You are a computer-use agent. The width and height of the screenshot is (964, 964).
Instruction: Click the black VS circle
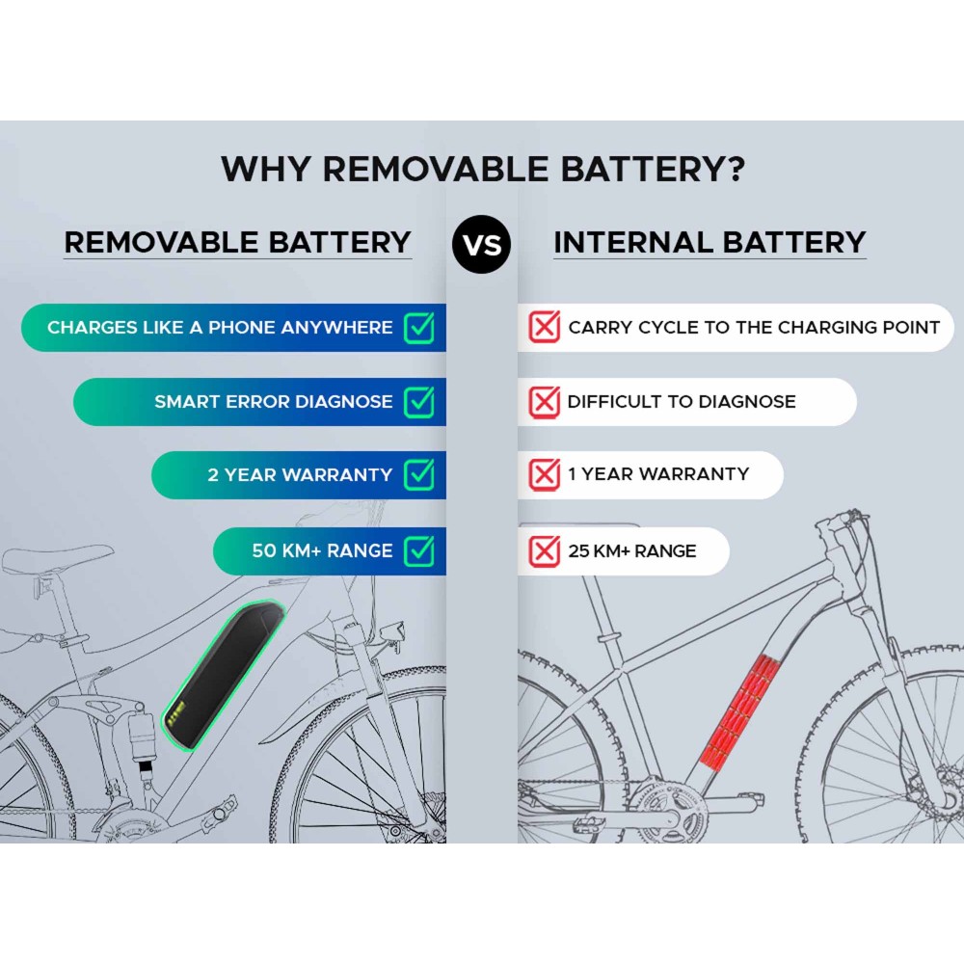(481, 244)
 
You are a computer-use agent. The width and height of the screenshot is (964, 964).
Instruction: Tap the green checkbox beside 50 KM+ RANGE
(420, 549)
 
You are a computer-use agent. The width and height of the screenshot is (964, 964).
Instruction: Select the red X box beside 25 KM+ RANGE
(544, 550)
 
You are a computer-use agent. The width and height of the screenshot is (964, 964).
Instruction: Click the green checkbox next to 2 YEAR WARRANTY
(420, 474)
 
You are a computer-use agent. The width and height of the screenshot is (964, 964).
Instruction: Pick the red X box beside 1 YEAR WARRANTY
(544, 474)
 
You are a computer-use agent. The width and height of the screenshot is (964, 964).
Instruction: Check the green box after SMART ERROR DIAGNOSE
(420, 401)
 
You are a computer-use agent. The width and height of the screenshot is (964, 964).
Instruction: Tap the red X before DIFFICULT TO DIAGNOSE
(544, 402)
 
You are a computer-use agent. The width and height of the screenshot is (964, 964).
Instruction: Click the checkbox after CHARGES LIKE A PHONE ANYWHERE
(420, 327)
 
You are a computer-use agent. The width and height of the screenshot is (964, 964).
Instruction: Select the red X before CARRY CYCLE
(544, 327)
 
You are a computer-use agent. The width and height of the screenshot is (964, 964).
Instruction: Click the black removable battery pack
(223, 676)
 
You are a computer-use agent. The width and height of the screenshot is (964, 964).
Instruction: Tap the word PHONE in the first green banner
(242, 327)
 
